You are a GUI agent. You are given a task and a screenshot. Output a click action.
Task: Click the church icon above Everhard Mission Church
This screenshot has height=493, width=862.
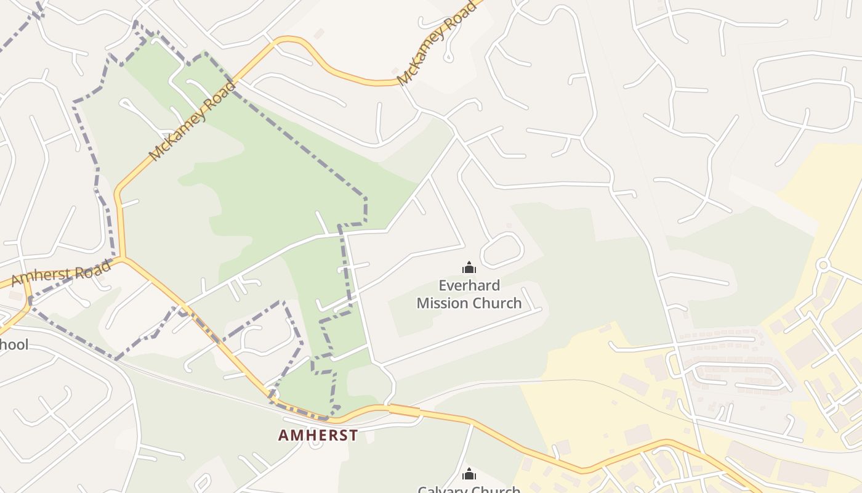click(x=469, y=267)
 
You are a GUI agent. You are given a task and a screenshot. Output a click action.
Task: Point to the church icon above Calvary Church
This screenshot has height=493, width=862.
click(x=469, y=474)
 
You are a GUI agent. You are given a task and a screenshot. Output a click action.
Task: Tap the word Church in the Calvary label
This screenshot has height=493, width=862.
click(x=497, y=490)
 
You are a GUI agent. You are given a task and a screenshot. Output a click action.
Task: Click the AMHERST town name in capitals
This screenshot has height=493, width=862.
click(x=318, y=435)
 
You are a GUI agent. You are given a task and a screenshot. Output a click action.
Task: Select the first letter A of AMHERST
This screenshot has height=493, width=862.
click(x=283, y=435)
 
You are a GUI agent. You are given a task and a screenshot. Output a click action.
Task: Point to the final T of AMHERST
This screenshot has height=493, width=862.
click(x=353, y=435)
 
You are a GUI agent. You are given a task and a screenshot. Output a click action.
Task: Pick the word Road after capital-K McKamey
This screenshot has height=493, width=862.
click(x=465, y=12)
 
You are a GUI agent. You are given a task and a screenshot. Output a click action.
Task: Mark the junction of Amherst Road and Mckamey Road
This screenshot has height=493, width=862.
click(x=123, y=258)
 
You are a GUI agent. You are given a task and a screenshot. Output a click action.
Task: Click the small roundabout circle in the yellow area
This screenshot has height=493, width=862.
click(x=823, y=265)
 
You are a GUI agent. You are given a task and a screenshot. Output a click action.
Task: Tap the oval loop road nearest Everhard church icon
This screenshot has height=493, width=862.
click(x=502, y=250)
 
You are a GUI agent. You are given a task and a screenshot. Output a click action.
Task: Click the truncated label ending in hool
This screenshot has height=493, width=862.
click(x=14, y=344)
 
